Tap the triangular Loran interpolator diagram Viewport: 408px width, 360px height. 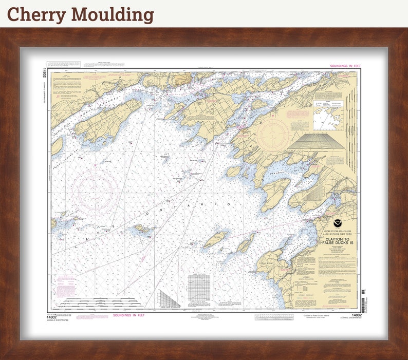tap(168, 298)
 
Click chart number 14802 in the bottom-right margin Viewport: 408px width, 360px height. tap(356, 315)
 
